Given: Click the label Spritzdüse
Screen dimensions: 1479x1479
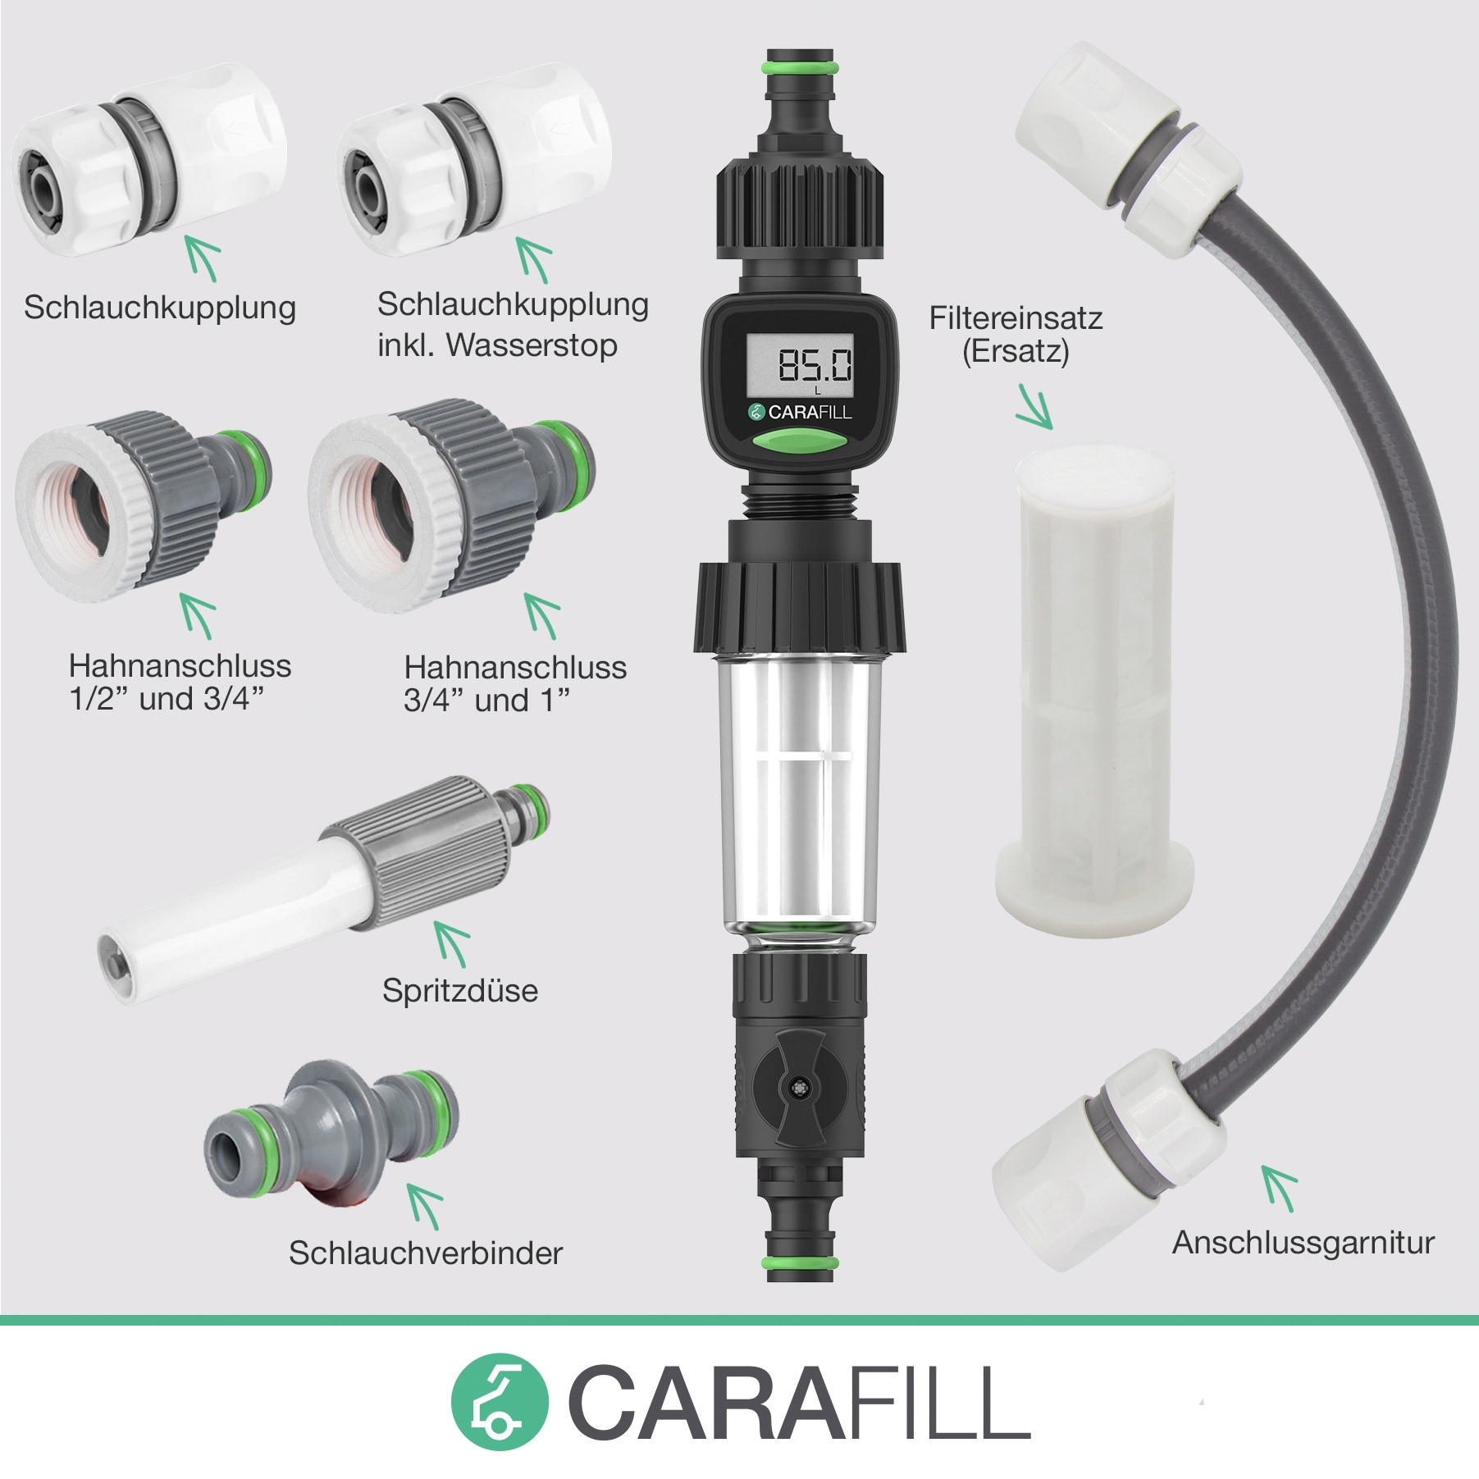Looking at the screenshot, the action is [460, 990].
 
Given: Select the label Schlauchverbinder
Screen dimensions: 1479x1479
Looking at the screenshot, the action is [426, 1253].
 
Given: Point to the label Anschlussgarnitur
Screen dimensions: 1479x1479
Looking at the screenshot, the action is [1303, 1242].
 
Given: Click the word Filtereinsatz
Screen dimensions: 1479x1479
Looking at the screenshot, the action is [1016, 317].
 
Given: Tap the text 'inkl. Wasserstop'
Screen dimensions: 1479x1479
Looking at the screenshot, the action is [497, 345].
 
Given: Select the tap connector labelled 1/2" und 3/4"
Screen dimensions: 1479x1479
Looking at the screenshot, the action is [144, 504].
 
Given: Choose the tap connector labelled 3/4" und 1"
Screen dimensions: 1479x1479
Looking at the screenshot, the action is [451, 504].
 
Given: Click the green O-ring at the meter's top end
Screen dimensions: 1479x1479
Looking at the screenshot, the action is [801, 64].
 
